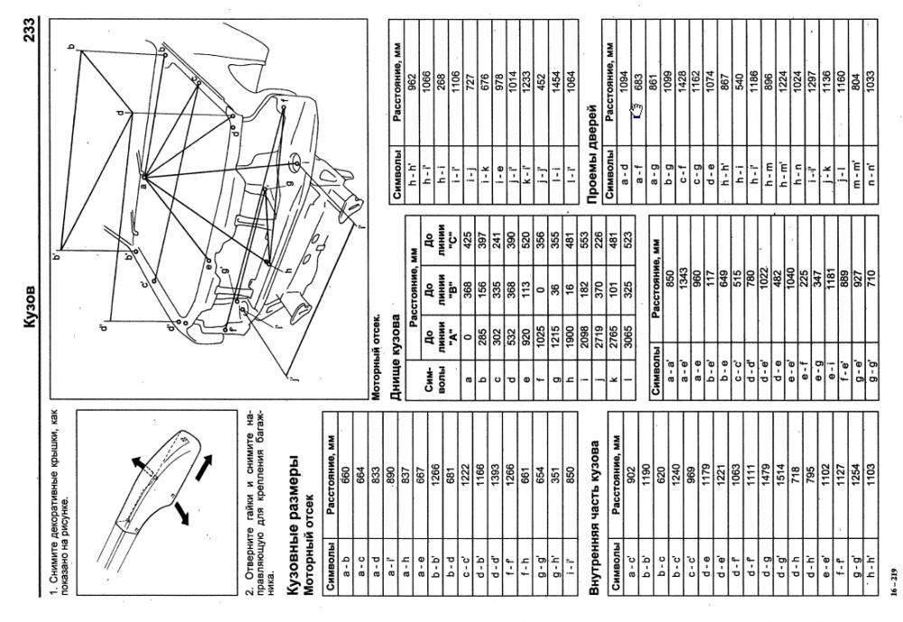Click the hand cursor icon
(x=637, y=112)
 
